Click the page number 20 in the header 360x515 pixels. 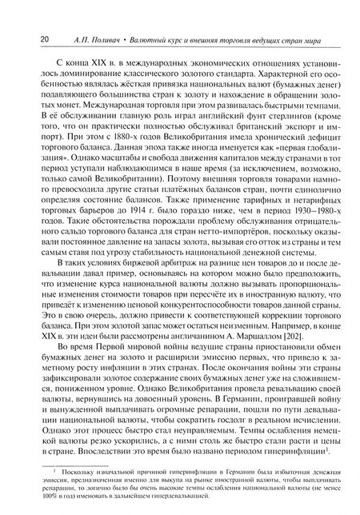23,37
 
